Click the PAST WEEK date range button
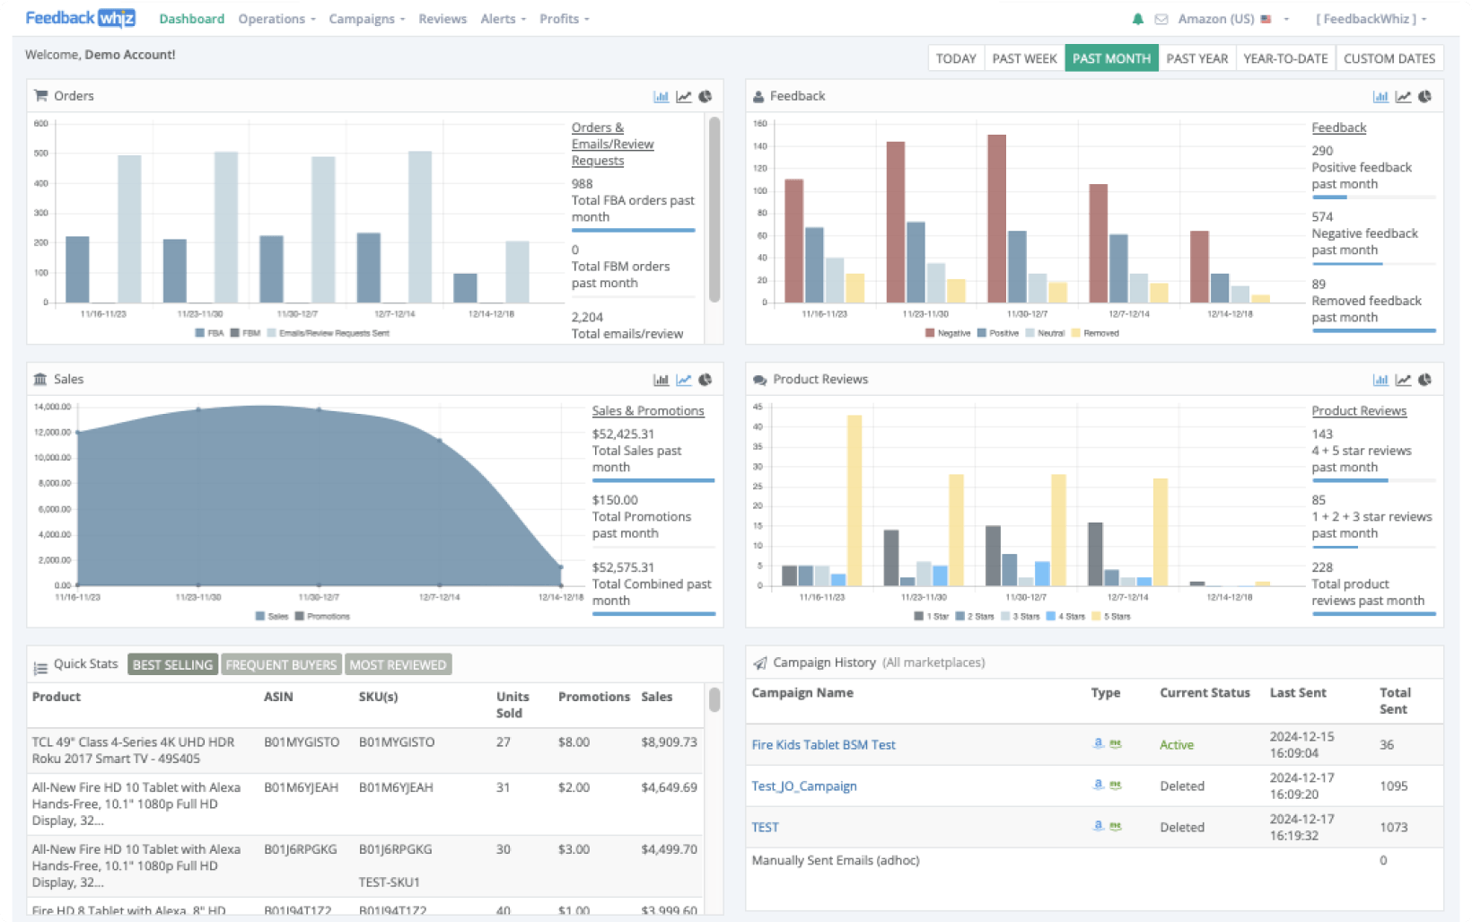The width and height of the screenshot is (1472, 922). tap(1024, 58)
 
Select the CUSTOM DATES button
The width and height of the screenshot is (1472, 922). tap(1389, 58)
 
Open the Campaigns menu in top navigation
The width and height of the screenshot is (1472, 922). tap(366, 19)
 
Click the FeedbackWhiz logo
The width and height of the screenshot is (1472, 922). tap(80, 18)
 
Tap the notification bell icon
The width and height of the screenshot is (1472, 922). tap(1137, 19)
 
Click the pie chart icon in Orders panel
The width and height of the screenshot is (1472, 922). tap(705, 97)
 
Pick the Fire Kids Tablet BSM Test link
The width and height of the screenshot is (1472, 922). tap(823, 745)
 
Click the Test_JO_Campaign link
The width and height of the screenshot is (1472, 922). tap(803, 786)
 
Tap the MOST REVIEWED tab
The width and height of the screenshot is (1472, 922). tap(398, 665)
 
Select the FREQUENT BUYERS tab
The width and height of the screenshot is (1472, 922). tap(281, 665)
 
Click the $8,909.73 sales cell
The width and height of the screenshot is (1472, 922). tap(669, 742)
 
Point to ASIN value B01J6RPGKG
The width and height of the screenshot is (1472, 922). tap(300, 849)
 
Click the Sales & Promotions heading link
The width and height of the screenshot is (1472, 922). tap(647, 411)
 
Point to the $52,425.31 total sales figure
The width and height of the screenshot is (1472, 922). tap(623, 435)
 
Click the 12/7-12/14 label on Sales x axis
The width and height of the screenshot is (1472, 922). tap(439, 597)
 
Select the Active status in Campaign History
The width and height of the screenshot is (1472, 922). tap(1176, 745)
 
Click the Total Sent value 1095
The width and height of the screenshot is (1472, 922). tap(1393, 786)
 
